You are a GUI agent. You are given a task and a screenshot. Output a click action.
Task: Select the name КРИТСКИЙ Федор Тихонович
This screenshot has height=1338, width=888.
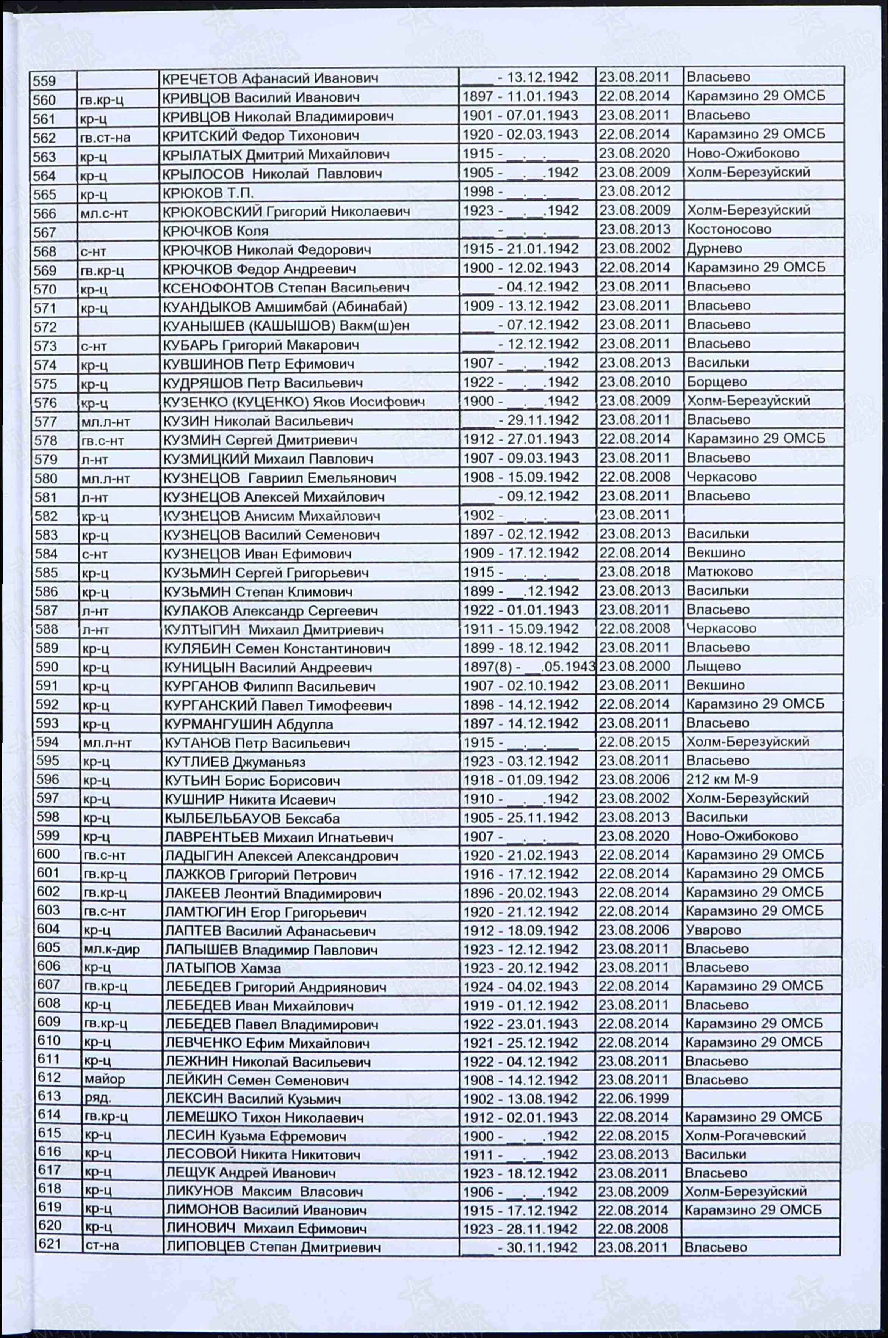[260, 135]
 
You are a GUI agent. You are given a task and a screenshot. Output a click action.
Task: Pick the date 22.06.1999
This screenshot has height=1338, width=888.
[633, 1098]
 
